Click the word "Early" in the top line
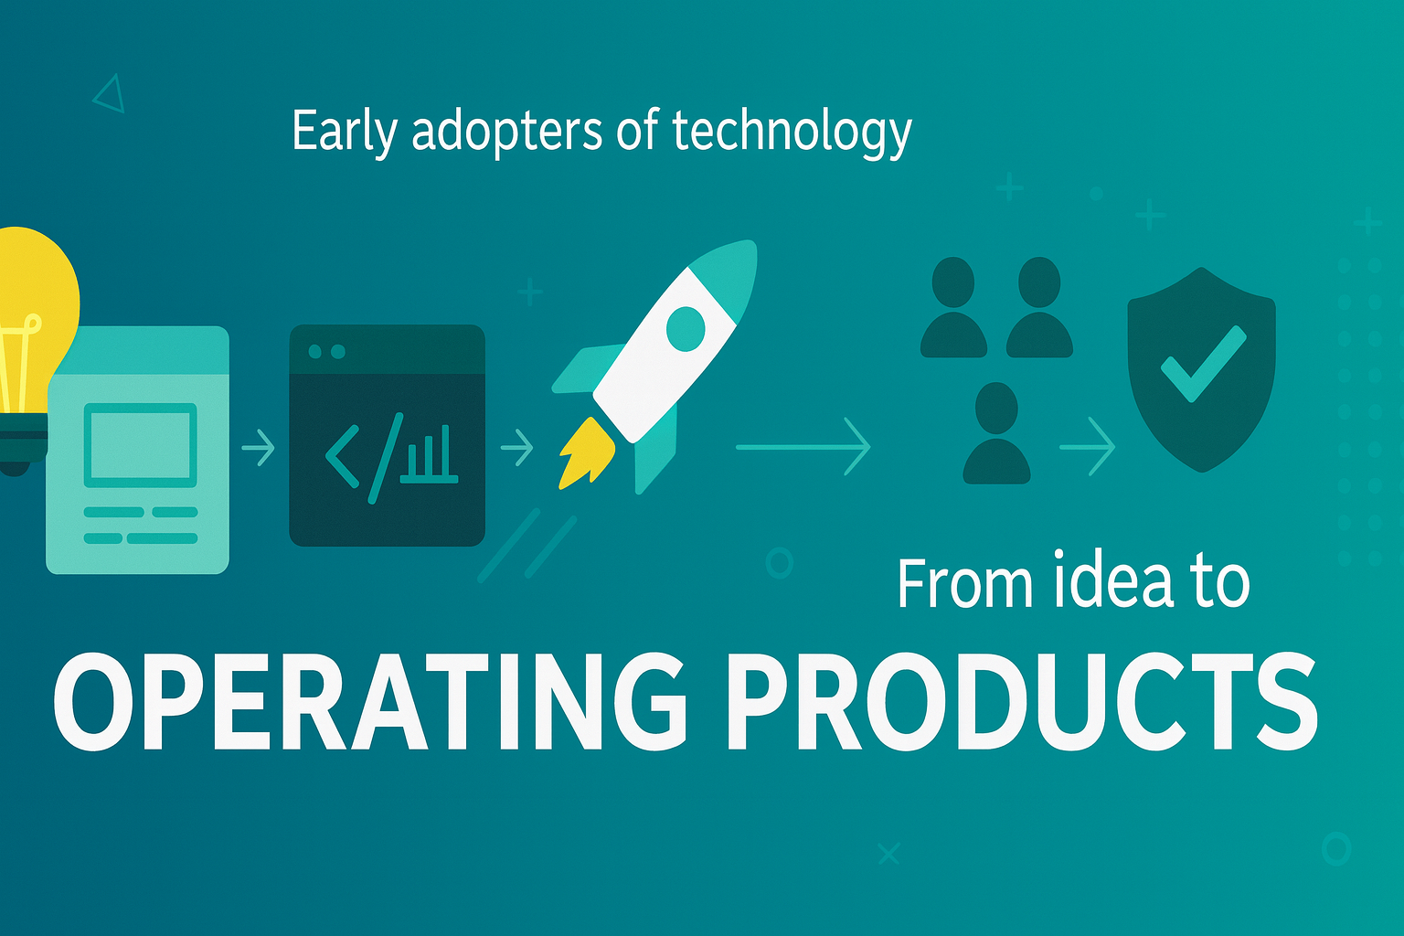tap(345, 132)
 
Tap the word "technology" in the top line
tap(792, 133)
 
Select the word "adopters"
tap(507, 133)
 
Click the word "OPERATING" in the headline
tap(370, 702)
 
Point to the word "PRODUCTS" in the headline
tap(1022, 702)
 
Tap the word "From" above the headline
tap(965, 583)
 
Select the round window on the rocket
tap(686, 328)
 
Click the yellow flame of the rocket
tap(585, 452)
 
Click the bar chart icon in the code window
tap(429, 455)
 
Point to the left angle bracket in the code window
tap(342, 456)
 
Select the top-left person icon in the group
tap(953, 307)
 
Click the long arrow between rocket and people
tap(803, 447)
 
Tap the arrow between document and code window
tap(259, 448)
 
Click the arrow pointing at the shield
tap(1088, 447)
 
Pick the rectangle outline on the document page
tap(141, 445)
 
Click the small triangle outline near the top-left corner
tap(110, 95)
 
